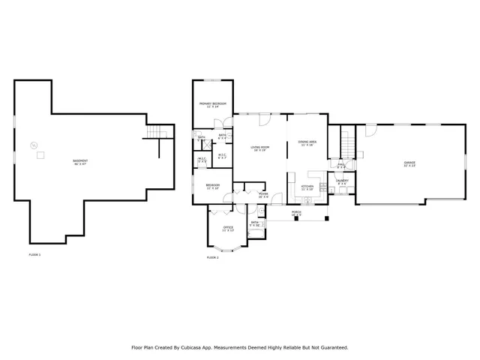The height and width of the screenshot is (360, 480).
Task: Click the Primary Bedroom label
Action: coord(212,103)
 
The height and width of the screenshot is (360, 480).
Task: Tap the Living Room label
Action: coord(259,148)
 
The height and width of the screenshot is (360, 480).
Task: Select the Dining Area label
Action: coord(307,142)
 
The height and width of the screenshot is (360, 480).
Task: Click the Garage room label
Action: coord(409,163)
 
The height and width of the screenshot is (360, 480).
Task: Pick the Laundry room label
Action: coord(342,181)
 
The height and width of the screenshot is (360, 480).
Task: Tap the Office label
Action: coord(228,227)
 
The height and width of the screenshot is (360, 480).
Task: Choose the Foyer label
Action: coord(263,193)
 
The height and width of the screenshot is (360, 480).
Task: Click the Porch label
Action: coord(297,213)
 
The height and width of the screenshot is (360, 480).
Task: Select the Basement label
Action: coord(79,161)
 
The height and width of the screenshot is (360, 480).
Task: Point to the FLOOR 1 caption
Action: coord(34,256)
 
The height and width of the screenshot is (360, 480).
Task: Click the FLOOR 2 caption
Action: coord(212,257)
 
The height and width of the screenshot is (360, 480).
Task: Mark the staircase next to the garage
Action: coord(346,140)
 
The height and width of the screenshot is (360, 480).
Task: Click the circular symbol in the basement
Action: coord(32,145)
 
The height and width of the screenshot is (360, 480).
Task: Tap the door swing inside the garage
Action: coord(369,130)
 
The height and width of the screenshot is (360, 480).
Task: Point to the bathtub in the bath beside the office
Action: coord(255,232)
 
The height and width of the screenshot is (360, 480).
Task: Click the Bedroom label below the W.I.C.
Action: coord(212,186)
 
